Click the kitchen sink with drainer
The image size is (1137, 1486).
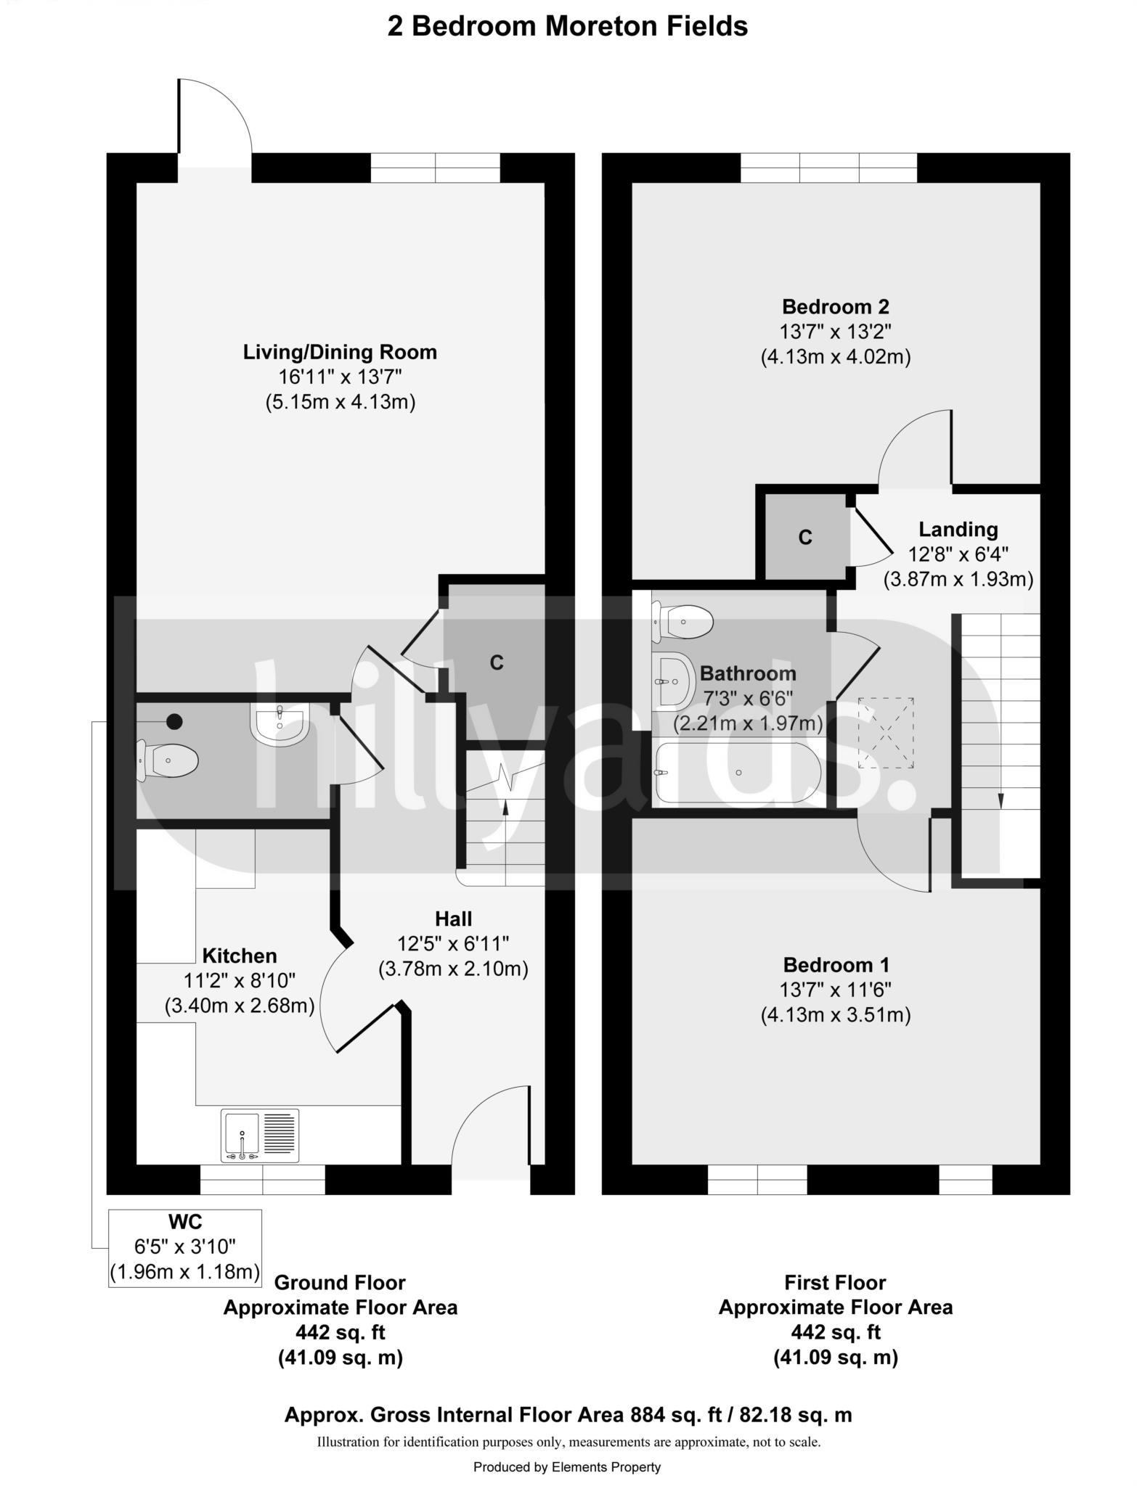click(x=260, y=1136)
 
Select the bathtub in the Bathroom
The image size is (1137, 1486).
click(x=737, y=773)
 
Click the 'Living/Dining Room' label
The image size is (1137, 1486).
click(x=340, y=353)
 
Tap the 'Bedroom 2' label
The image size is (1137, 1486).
click(x=835, y=307)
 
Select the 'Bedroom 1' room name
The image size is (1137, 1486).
click(x=836, y=965)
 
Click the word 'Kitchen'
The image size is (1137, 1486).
click(x=239, y=956)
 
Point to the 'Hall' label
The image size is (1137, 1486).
click(x=453, y=919)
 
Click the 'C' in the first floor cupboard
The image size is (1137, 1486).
click(x=804, y=538)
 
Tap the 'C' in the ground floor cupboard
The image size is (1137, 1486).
click(x=497, y=662)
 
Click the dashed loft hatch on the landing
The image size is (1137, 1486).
click(x=886, y=733)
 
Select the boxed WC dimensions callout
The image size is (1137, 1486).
click(x=184, y=1248)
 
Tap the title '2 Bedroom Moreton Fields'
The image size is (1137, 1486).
click(x=567, y=26)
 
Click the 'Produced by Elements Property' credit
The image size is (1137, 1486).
click(x=567, y=1467)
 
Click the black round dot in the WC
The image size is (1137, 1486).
click(x=174, y=721)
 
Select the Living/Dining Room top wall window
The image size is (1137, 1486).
click(x=436, y=168)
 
